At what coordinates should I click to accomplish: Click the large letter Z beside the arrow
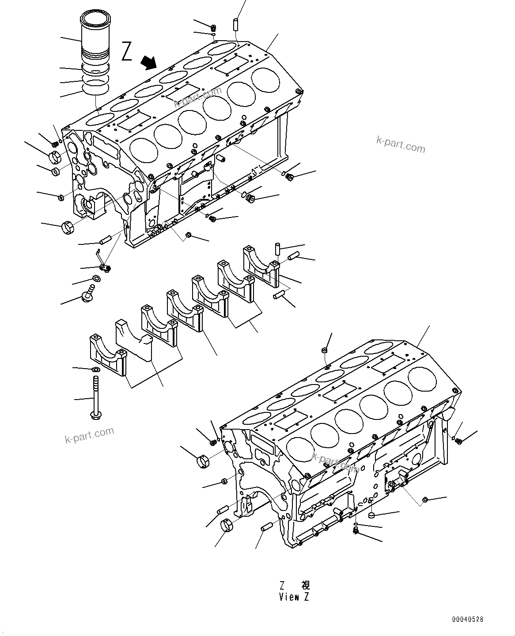click(x=127, y=51)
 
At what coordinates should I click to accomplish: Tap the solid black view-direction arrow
click(x=148, y=63)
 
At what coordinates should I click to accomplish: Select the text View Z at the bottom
click(x=294, y=597)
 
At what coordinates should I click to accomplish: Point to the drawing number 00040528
click(x=467, y=620)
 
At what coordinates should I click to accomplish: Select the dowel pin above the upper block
click(x=236, y=23)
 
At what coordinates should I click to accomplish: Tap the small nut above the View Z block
click(x=324, y=350)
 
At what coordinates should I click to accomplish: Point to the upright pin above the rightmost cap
click(x=277, y=248)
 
